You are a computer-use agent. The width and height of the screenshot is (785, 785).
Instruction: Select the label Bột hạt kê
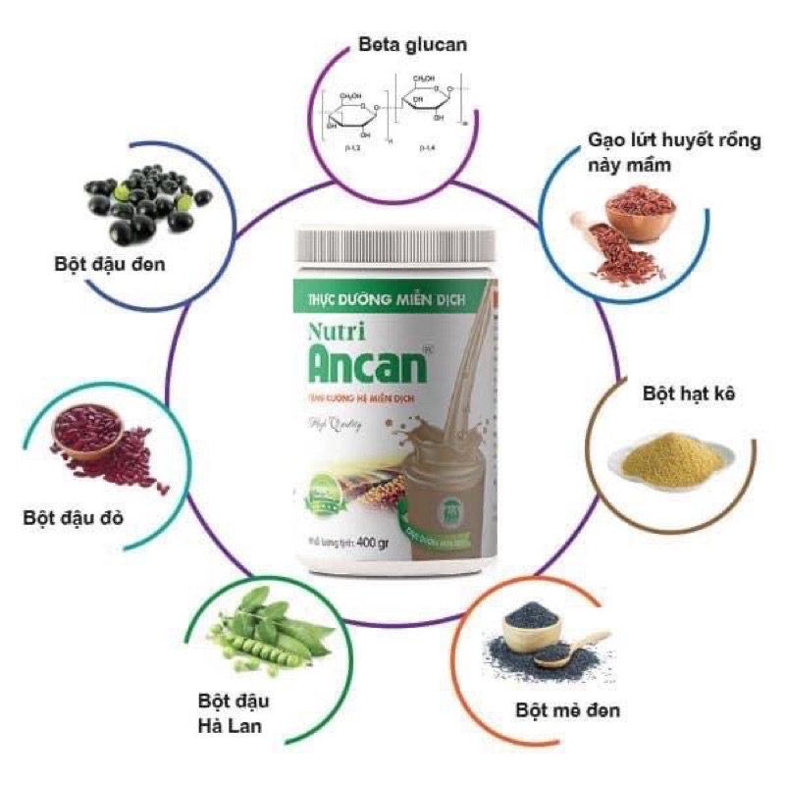(676, 393)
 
